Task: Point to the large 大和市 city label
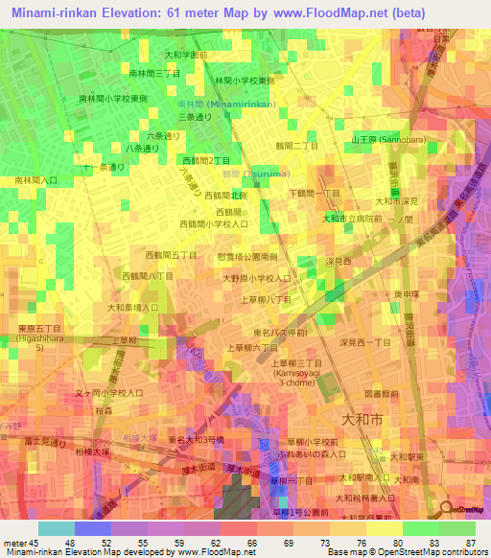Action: coord(362,419)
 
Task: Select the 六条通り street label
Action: coord(163,136)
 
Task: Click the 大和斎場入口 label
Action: coord(133,308)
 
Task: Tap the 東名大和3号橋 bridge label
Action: coord(197,439)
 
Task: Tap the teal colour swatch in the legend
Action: coord(57,528)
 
